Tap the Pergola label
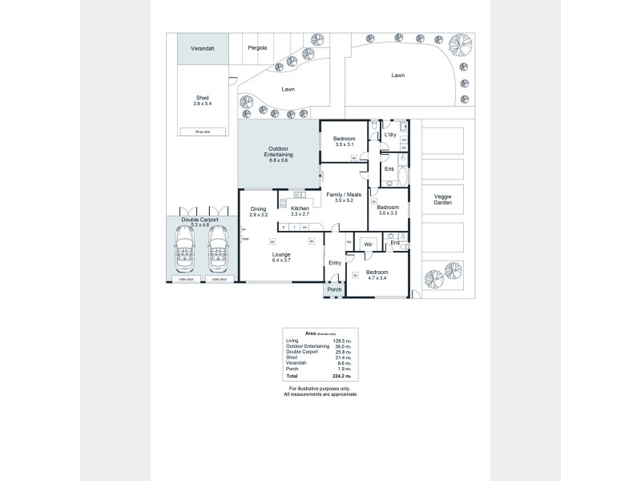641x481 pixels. pyautogui.click(x=257, y=48)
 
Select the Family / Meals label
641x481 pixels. pyautogui.click(x=343, y=196)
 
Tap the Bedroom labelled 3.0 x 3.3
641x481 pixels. pyautogui.click(x=388, y=210)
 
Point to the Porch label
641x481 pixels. pyautogui.click(x=335, y=289)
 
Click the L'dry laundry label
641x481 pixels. pyautogui.click(x=390, y=135)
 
